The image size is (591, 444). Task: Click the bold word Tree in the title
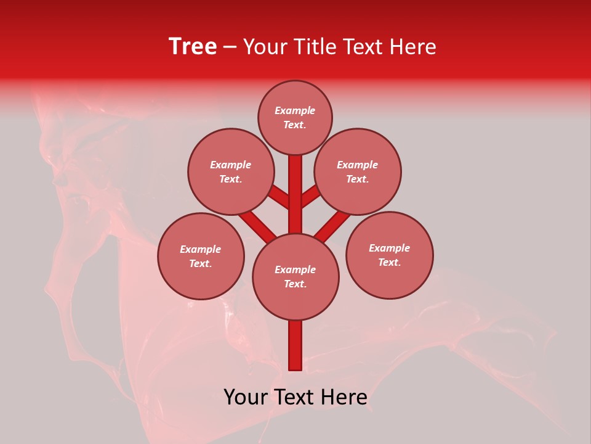pyautogui.click(x=193, y=47)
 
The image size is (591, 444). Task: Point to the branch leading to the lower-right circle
pyautogui.click(x=332, y=225)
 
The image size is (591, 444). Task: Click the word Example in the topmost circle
pyautogui.click(x=295, y=110)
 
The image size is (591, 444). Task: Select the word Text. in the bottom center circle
pyautogui.click(x=295, y=284)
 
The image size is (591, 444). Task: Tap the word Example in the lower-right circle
pyautogui.click(x=389, y=248)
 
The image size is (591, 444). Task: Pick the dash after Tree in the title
pyautogui.click(x=230, y=47)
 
